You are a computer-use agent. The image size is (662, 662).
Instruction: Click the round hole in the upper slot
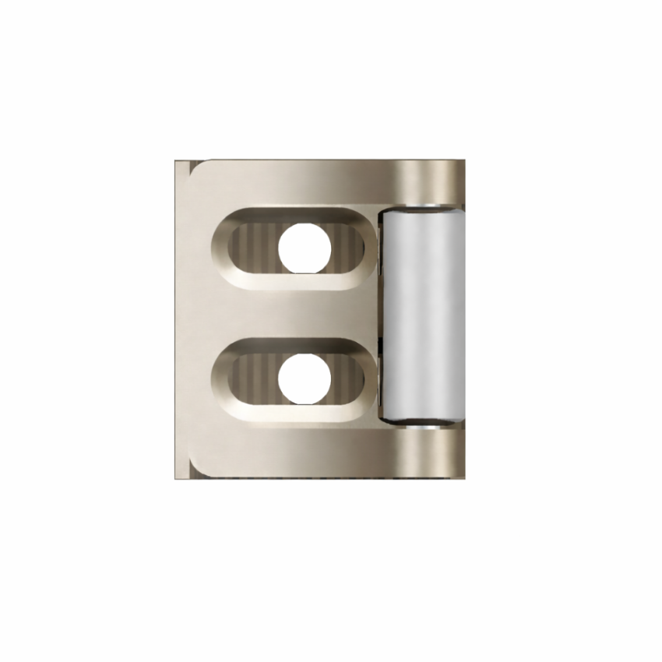[305, 248]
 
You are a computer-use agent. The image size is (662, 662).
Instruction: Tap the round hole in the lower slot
[305, 379]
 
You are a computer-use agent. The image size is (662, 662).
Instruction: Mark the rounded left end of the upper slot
[223, 249]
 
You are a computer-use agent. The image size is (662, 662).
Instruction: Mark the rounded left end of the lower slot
[223, 380]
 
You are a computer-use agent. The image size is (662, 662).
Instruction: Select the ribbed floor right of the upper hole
[347, 249]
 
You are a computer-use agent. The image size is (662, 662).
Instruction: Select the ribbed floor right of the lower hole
[347, 380]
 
